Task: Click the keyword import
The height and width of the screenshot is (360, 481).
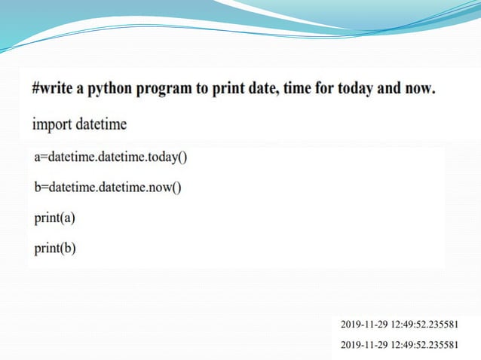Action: click(51, 124)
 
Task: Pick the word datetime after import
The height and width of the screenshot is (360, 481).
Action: click(101, 123)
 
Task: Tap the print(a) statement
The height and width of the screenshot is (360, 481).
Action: click(55, 218)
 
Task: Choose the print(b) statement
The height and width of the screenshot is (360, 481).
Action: click(55, 248)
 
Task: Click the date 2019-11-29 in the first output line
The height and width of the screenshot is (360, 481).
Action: click(365, 325)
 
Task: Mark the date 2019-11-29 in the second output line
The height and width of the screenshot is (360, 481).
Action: click(365, 345)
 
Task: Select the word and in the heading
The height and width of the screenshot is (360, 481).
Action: click(387, 88)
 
